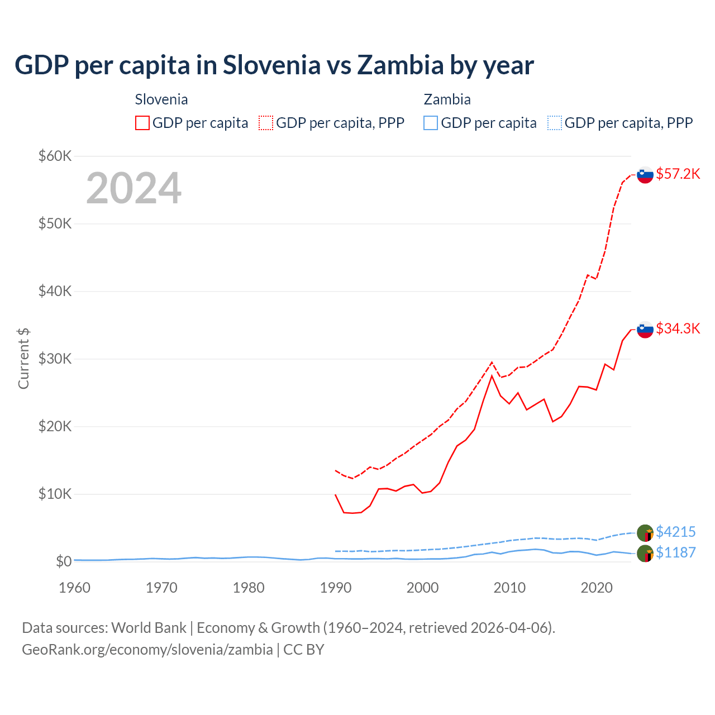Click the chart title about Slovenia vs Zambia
pos(274,65)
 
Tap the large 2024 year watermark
pos(134,188)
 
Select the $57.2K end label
pos(678,174)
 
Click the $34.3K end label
pos(678,328)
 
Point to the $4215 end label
pos(675,532)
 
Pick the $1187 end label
pos(675,552)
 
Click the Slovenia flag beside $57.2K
pos(645,175)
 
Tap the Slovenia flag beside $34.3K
pos(645,330)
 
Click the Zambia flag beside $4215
pos(645,533)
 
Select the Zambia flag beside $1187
pos(645,554)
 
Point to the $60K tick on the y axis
pos(55,156)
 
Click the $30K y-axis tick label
pos(55,359)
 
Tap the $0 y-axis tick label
pos(64,561)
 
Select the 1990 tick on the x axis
pos(336,588)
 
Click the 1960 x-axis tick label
pos(74,588)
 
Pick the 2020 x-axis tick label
pos(597,588)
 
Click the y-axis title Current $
pos(23,359)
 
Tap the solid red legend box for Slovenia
pos(142,123)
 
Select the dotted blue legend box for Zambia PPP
pos(555,123)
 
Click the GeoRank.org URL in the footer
pos(147,650)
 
